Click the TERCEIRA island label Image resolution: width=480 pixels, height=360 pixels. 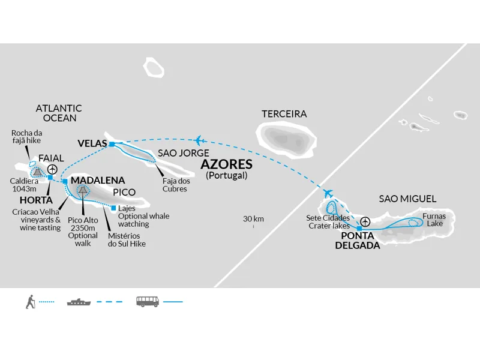pos(284,114)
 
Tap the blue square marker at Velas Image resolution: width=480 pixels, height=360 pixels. pos(112,144)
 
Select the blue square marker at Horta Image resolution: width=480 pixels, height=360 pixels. pos(50,178)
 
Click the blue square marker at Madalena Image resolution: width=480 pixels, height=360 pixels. pos(65,182)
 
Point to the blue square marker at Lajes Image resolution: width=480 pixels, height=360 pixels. pos(113,208)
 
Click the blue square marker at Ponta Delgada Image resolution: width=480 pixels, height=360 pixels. pos(359,229)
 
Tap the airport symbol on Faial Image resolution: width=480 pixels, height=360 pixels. pos(53,169)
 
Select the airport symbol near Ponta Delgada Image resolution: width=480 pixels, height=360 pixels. pos(365,221)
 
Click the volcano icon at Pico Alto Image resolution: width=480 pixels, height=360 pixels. pos(82,190)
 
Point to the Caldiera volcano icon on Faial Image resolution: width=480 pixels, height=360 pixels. pos(38,172)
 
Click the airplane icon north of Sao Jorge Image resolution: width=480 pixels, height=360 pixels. pos(200,140)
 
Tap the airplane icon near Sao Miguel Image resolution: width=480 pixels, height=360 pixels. pos(328,193)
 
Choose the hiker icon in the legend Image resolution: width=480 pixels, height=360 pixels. pos(30,302)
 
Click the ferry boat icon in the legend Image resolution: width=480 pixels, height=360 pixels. pos(79,302)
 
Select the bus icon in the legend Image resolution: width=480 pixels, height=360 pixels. pos(148,302)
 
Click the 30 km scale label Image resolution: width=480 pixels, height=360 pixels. pos(253,219)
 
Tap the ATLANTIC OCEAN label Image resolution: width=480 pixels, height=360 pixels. pos(59,113)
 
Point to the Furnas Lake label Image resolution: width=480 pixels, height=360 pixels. pos(434,220)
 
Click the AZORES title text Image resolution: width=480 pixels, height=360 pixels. pos(227,164)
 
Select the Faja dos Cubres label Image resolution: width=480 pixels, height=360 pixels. pos(176,185)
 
